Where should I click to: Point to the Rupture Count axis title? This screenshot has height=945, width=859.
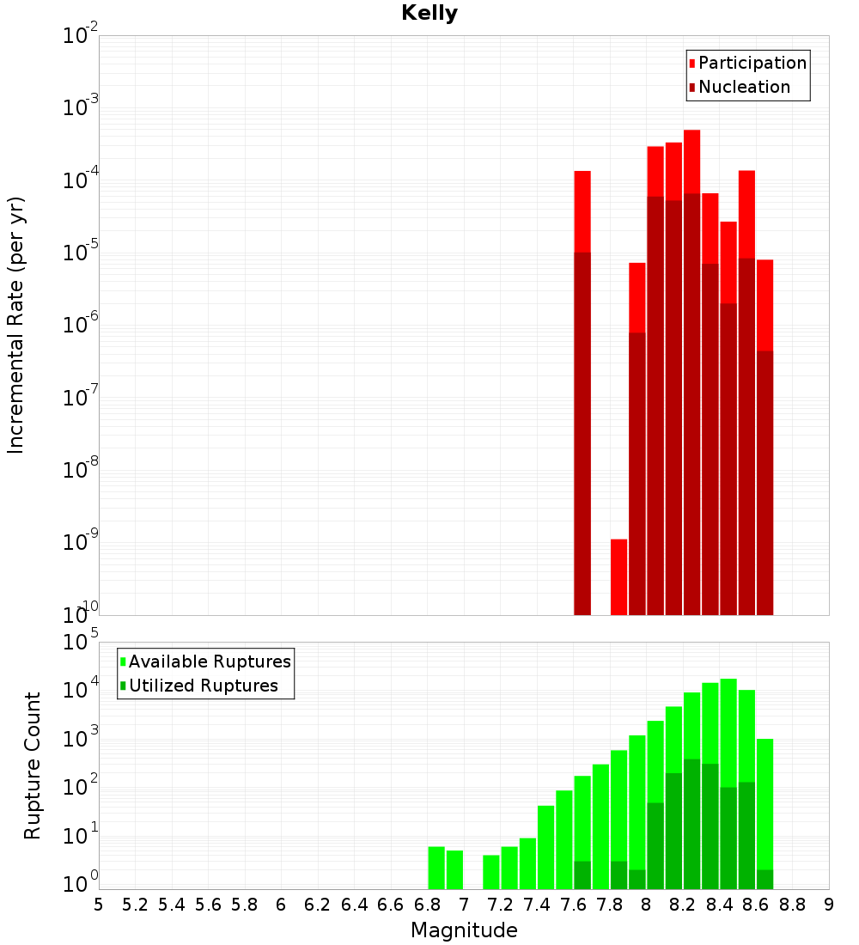point(33,765)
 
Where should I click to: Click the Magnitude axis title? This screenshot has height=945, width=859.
point(464,930)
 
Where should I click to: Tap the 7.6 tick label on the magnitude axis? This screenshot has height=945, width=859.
point(573,905)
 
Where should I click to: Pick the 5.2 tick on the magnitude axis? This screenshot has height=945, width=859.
point(135,905)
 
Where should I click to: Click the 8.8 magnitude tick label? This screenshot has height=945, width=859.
point(792,905)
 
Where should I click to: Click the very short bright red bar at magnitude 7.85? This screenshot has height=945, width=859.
point(618,576)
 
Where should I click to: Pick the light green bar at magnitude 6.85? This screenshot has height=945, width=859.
point(436,868)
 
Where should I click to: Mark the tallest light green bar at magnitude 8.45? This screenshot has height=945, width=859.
point(728,730)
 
